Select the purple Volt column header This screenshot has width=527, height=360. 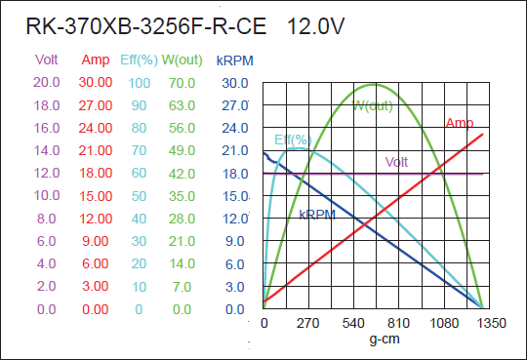point(47,60)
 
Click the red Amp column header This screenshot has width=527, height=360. point(96,60)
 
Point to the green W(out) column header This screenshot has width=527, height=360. point(182,60)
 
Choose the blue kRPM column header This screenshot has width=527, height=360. point(234,60)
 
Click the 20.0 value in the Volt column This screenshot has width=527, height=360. point(47,83)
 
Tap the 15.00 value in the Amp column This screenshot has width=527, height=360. point(96,196)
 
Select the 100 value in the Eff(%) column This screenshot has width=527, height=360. point(138,83)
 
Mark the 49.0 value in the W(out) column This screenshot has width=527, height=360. point(182,151)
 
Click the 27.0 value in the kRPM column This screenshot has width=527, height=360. point(234,105)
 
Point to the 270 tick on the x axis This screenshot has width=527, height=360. point(308,323)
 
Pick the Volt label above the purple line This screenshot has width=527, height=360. point(397,162)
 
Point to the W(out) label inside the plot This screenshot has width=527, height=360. point(373,105)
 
